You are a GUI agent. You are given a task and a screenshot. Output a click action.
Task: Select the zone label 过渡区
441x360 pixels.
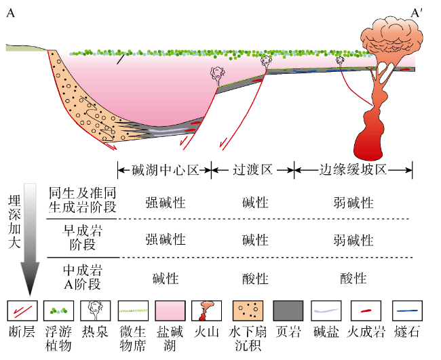(252, 169)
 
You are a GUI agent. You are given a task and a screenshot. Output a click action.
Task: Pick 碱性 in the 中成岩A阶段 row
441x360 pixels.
(165, 279)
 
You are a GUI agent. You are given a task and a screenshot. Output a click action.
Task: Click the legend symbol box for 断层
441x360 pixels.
(22, 311)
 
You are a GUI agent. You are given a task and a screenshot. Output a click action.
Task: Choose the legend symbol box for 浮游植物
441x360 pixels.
(60, 311)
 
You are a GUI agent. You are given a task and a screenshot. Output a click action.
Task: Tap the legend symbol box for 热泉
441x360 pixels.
(96, 311)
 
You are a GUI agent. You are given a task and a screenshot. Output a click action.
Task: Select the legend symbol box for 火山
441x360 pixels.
(208, 311)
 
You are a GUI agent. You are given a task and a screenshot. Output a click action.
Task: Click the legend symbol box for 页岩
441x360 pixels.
(288, 311)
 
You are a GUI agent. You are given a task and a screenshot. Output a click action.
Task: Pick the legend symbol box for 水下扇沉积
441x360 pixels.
(248, 311)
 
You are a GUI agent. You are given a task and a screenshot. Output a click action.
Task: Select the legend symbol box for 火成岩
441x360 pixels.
(366, 311)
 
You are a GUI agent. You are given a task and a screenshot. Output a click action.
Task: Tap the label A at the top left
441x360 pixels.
(10, 13)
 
